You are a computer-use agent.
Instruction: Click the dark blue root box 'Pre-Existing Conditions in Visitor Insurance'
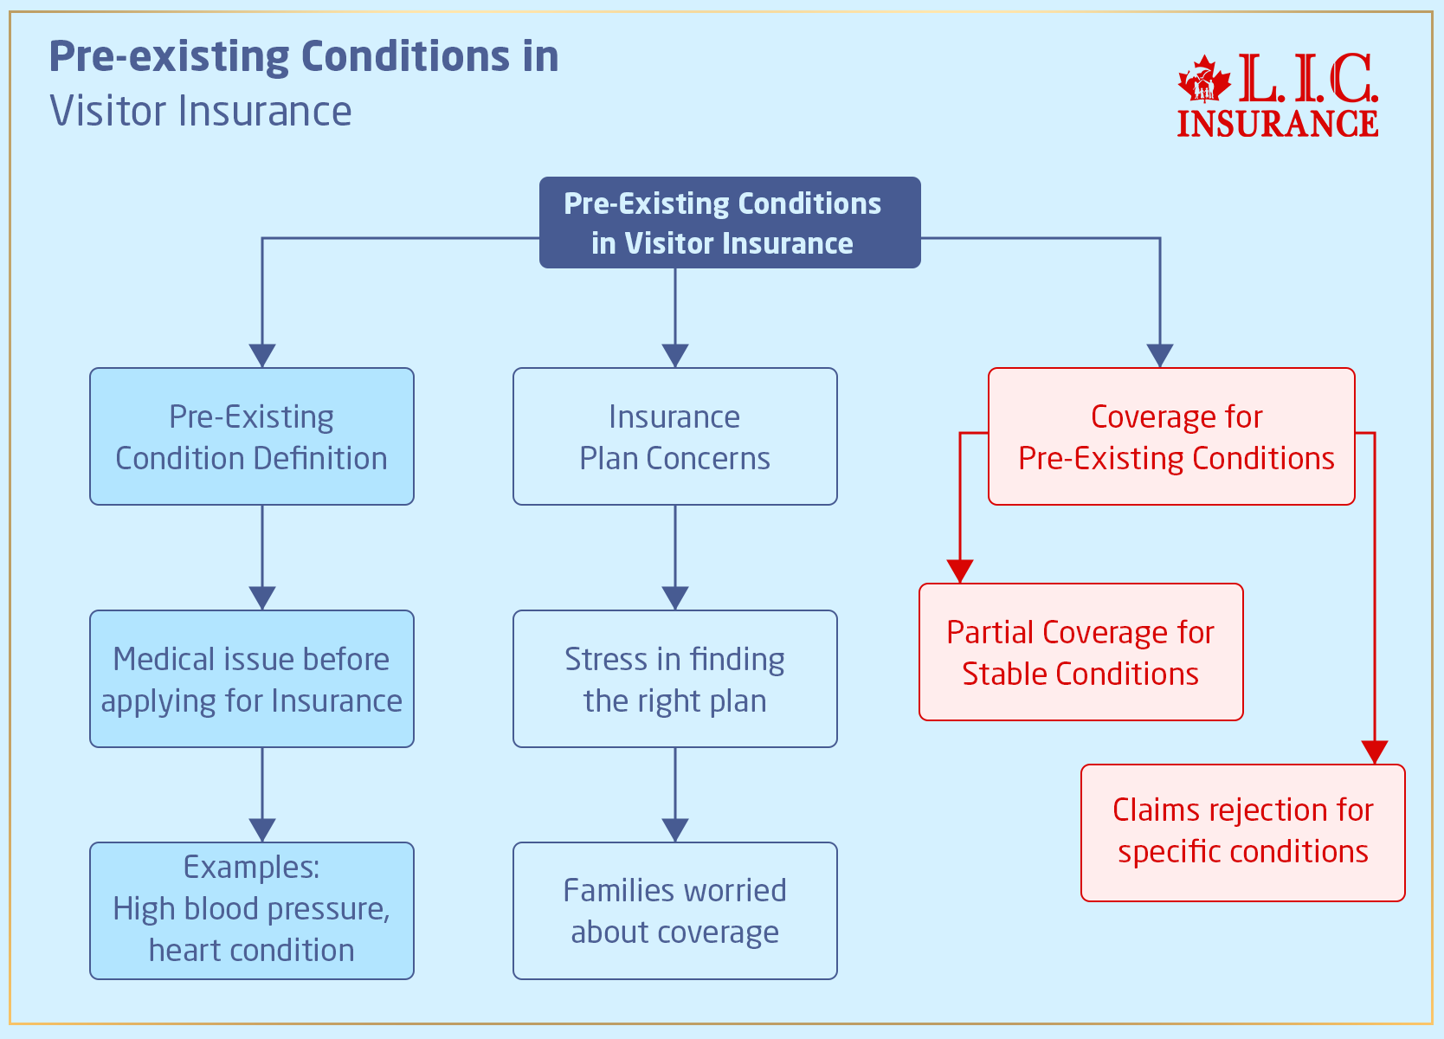pyautogui.click(x=729, y=223)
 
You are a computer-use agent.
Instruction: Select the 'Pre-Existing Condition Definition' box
pyautogui.click(x=251, y=436)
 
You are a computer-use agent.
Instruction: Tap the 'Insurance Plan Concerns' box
pyautogui.click(x=674, y=436)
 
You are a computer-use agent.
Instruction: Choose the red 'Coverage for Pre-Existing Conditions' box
pyautogui.click(x=1170, y=436)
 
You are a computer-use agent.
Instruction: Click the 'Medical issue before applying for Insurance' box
pyautogui.click(x=251, y=679)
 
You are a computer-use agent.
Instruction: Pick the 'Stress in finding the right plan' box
pyautogui.click(x=674, y=679)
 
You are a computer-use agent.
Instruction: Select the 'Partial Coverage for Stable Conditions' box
pyautogui.click(x=1080, y=652)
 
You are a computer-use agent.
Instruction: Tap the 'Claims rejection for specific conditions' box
pyautogui.click(x=1242, y=832)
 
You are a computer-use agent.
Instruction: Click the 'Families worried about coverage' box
pyautogui.click(x=674, y=911)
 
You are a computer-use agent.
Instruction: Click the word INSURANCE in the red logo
pyautogui.click(x=1277, y=123)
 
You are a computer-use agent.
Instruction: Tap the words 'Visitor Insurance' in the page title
pyautogui.click(x=201, y=111)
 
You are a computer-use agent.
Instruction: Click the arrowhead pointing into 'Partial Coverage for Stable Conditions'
pyautogui.click(x=960, y=571)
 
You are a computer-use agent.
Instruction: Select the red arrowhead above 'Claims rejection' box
pyautogui.click(x=1374, y=752)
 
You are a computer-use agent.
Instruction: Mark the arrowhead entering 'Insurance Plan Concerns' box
pyautogui.click(x=674, y=356)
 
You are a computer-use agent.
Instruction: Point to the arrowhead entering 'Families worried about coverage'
pyautogui.click(x=674, y=830)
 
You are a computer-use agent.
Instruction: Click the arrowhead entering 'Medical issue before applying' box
pyautogui.click(x=262, y=598)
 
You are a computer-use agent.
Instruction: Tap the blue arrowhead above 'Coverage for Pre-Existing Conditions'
pyautogui.click(x=1159, y=356)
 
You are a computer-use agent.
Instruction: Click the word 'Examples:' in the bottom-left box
pyautogui.click(x=251, y=867)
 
